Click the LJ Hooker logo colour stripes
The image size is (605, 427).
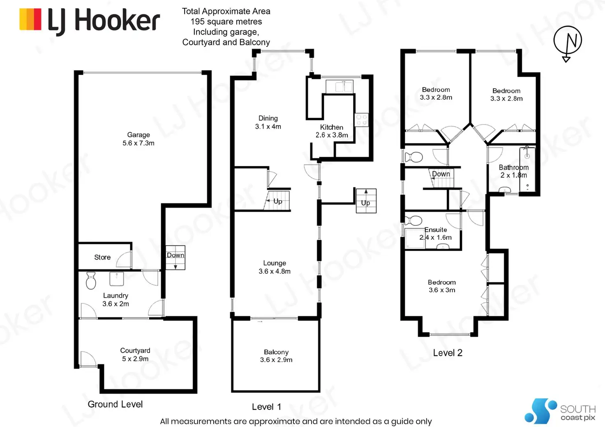coord(30,19)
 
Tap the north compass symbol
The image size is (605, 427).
coord(568,41)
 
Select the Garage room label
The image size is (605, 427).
coord(139,135)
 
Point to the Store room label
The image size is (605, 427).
coord(102,257)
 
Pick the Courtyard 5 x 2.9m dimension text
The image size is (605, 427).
coord(135,359)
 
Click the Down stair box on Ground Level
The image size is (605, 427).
coord(175,257)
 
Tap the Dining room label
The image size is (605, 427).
coord(268,118)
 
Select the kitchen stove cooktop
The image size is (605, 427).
coord(362,120)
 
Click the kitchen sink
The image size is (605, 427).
coord(339,87)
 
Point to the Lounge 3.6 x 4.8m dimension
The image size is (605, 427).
coord(275,271)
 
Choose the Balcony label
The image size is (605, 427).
coord(276,352)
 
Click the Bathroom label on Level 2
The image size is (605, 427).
coord(514,168)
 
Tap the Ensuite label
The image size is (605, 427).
coord(436,230)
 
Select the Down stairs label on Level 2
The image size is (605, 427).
coord(441,174)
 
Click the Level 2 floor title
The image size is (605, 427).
coord(448,353)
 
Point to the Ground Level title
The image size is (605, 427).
coord(115,404)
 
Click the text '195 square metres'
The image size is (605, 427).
coord(226,22)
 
